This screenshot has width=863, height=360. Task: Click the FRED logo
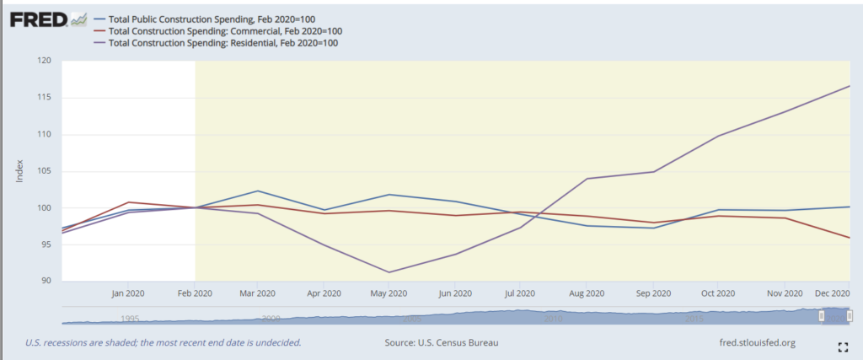pyautogui.click(x=38, y=19)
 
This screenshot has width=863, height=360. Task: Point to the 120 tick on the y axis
pyautogui.click(x=45, y=61)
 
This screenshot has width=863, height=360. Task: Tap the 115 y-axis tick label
pyautogui.click(x=45, y=98)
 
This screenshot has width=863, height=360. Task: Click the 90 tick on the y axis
pyautogui.click(x=46, y=282)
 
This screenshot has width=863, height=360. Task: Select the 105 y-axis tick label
pyautogui.click(x=45, y=171)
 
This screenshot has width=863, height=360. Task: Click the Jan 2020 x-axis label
pyautogui.click(x=129, y=293)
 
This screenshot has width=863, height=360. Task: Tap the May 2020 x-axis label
pyautogui.click(x=391, y=293)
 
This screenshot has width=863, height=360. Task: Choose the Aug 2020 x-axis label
pyautogui.click(x=586, y=293)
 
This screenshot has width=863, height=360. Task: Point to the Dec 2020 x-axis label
pyautogui.click(x=831, y=293)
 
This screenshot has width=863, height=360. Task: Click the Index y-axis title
pyautogui.click(x=19, y=171)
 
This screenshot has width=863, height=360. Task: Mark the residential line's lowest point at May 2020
pyautogui.click(x=389, y=272)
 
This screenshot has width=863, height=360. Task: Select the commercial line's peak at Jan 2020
pyautogui.click(x=128, y=202)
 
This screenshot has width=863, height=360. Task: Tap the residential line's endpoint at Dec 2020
pyautogui.click(x=849, y=86)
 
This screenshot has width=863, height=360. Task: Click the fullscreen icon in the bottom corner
pyautogui.click(x=841, y=347)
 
